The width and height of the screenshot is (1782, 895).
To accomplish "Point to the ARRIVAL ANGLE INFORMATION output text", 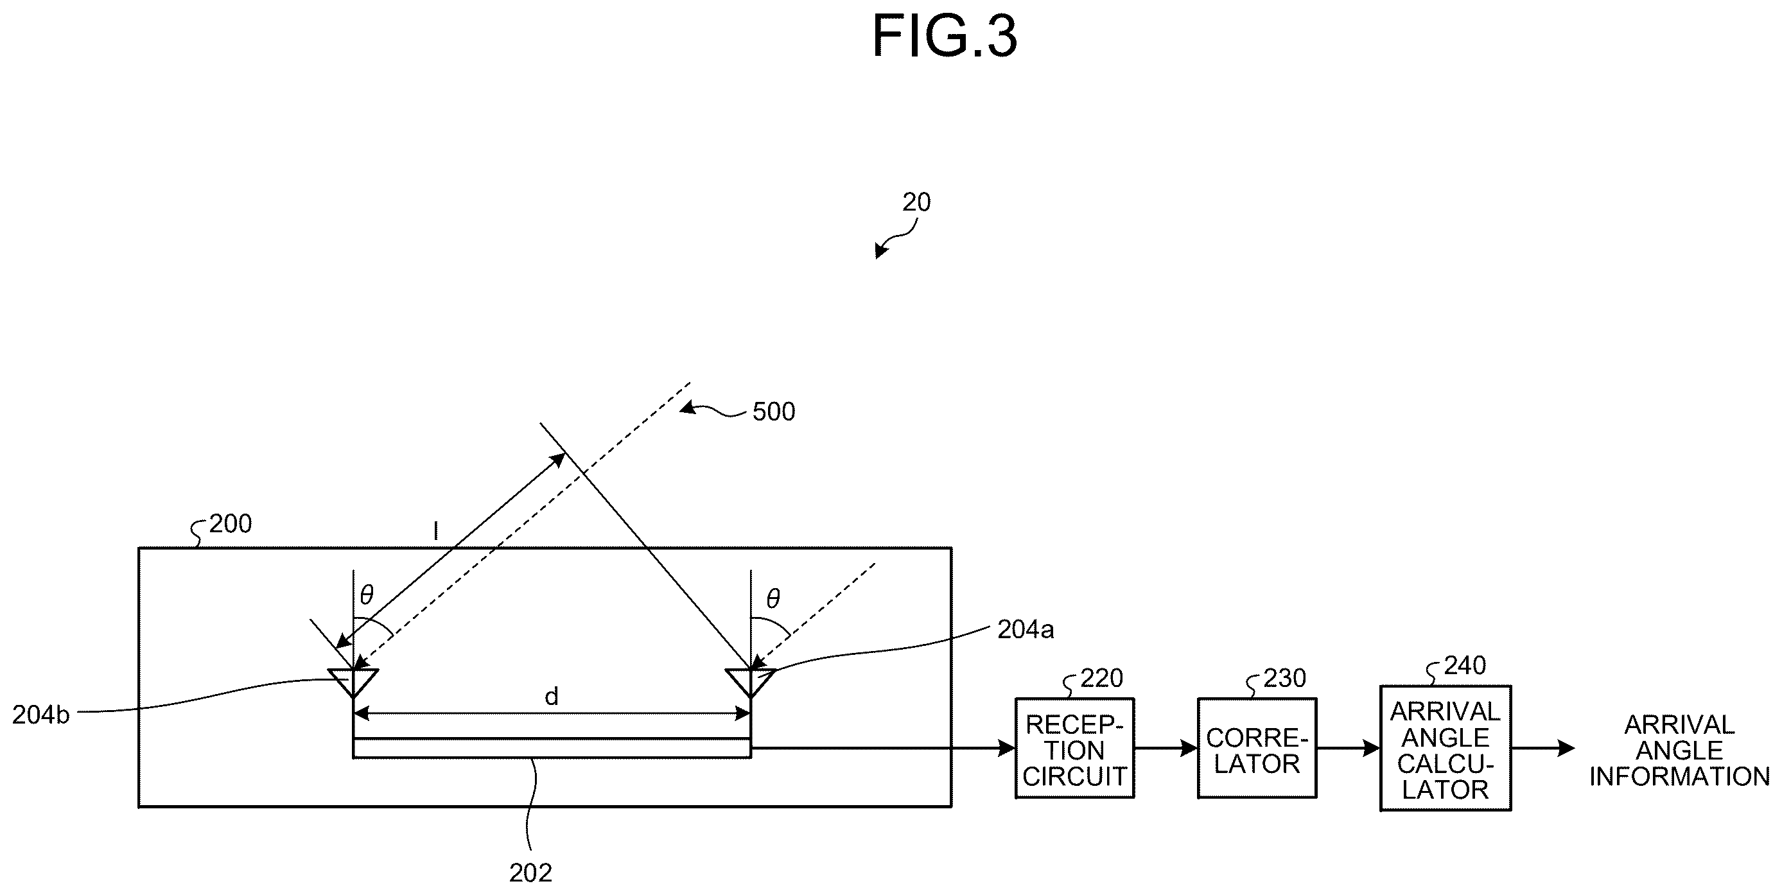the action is click(x=1679, y=751).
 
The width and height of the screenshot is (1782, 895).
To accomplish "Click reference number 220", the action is click(x=1101, y=679).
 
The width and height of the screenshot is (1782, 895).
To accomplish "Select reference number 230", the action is click(x=1284, y=679).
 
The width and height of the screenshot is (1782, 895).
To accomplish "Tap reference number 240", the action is click(x=1465, y=665).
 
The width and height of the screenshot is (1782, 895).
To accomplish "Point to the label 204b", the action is click(x=41, y=715).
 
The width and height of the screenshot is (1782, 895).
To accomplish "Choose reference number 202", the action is click(x=530, y=874).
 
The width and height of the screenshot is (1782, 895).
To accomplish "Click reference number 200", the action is click(x=231, y=525).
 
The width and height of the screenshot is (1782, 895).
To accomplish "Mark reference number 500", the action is click(x=773, y=412).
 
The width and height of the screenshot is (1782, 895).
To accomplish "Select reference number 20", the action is click(x=916, y=203).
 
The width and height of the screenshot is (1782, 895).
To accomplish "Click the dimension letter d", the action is click(x=552, y=697).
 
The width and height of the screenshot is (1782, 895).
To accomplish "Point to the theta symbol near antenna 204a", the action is click(x=773, y=598).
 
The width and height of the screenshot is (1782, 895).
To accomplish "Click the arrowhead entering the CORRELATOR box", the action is click(x=1190, y=749).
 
